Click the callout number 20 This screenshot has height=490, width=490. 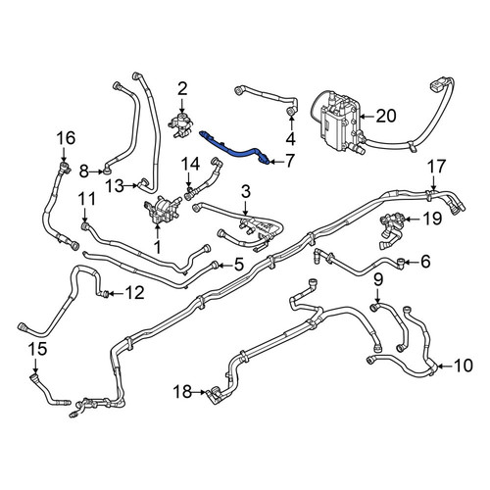click(386, 116)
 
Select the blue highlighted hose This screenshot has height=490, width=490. click(235, 149)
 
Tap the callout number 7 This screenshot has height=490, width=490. click(288, 161)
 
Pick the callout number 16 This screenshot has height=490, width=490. click(66, 138)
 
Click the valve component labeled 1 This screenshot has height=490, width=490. click(162, 210)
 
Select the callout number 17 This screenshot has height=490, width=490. click(437, 167)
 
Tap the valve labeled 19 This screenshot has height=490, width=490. click(393, 228)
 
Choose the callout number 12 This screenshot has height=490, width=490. click(135, 293)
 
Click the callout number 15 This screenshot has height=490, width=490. click(38, 349)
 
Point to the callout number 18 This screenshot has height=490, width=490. click(182, 391)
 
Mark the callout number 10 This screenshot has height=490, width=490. click(464, 366)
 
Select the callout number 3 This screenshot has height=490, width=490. click(246, 192)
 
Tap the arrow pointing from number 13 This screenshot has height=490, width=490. click(130, 186)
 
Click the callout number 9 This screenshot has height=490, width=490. click(378, 279)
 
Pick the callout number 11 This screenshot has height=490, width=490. click(87, 199)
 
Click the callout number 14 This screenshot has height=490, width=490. click(191, 165)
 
